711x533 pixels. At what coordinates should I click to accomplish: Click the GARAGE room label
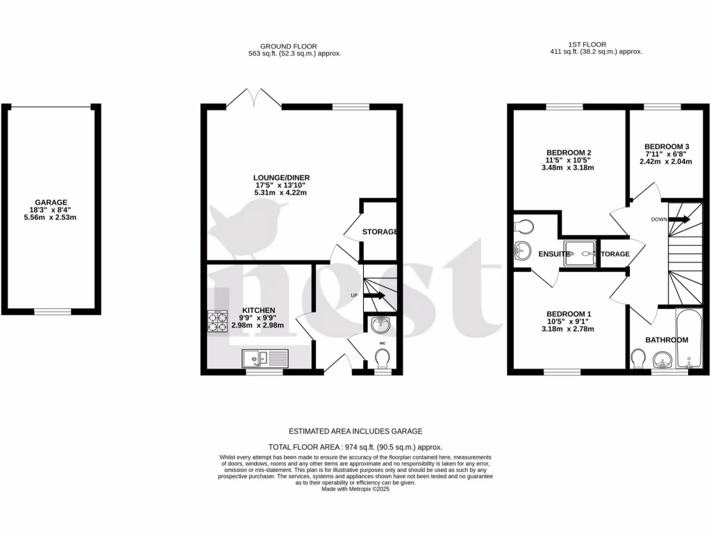(51, 203)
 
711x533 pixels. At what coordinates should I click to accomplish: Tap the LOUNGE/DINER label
(282, 178)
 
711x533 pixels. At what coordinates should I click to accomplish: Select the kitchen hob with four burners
(217, 321)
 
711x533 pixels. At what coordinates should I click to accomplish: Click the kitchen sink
(266, 358)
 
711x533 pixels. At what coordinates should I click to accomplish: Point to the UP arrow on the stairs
(374, 296)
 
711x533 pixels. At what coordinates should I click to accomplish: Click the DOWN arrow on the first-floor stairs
(680, 219)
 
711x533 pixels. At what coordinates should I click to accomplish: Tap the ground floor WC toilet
(381, 359)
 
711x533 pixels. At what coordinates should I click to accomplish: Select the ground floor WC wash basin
(380, 324)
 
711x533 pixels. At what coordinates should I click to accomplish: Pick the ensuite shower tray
(580, 253)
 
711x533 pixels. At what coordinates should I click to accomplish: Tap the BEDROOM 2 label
(569, 153)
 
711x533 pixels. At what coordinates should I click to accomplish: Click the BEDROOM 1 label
(569, 313)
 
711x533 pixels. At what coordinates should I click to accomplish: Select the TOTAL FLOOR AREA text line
(355, 448)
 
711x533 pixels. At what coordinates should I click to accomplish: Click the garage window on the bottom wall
(53, 312)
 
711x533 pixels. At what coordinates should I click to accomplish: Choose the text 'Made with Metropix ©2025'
(355, 489)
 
